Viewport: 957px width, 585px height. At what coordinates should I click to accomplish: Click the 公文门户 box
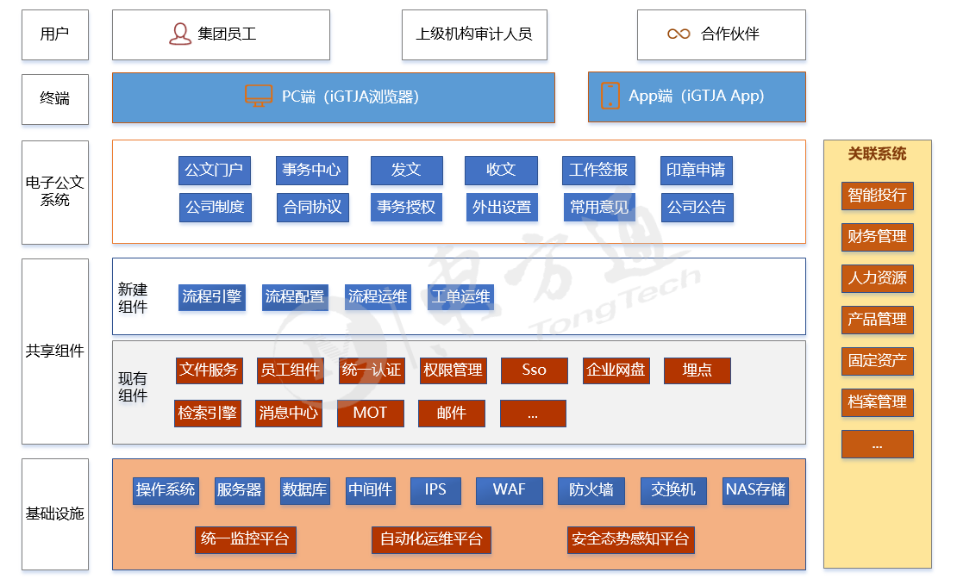215,171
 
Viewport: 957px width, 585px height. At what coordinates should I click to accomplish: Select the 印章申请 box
696,171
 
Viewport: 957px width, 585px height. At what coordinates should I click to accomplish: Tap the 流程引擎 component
211,297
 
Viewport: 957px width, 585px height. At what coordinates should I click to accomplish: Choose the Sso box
534,370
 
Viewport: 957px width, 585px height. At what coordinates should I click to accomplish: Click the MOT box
370,414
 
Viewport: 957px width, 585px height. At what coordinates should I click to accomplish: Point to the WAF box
509,490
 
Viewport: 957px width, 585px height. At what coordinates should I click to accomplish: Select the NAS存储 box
755,490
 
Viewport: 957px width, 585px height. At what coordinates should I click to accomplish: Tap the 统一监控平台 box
245,540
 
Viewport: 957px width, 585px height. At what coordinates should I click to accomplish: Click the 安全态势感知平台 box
630,540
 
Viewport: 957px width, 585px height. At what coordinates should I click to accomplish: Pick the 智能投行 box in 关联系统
877,196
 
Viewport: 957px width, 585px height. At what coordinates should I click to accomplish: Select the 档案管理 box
877,402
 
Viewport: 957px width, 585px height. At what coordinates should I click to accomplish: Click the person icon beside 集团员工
179,34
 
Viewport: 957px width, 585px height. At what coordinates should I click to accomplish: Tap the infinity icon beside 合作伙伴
679,34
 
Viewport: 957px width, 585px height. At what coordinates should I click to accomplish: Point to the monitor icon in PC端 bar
258,96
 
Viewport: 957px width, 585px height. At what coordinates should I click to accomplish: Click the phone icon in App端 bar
610,96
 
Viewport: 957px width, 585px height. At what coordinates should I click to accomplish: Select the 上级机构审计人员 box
474,34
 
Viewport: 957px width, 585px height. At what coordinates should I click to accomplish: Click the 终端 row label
55,98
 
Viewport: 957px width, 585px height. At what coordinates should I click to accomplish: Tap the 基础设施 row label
55,514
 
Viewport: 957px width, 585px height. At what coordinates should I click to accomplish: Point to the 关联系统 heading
877,154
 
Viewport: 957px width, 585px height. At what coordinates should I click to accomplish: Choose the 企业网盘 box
616,370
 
